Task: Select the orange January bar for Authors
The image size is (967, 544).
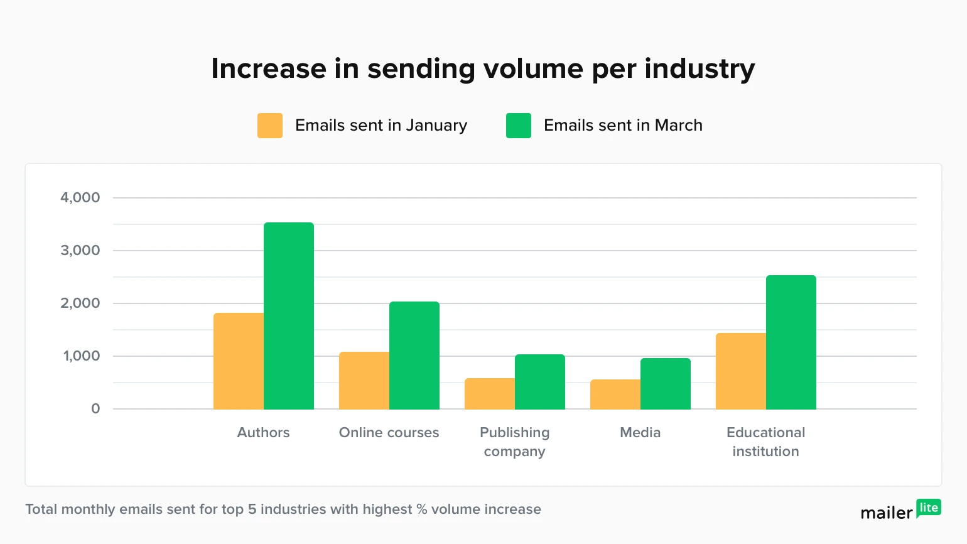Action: coord(239,361)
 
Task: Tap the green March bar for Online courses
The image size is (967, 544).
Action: coord(414,356)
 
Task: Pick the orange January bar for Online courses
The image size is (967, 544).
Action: coord(364,381)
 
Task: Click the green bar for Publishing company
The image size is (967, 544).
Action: coord(540,382)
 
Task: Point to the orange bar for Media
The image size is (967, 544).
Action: coord(615,394)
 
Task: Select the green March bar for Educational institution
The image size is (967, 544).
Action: coord(791,342)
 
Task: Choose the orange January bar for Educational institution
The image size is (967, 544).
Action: coord(741,371)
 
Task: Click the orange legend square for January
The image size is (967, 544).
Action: coord(270,126)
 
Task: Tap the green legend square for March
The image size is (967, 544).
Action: coord(519,126)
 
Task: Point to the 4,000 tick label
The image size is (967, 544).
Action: coord(80,198)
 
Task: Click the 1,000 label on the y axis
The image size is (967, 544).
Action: coord(82,356)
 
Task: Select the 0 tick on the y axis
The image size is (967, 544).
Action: coord(95,409)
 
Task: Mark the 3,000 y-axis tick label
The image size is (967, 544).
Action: coord(80,251)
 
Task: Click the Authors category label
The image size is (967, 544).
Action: coord(264,433)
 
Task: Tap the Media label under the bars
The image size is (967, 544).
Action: coord(640,433)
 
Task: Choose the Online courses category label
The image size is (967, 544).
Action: coord(389,433)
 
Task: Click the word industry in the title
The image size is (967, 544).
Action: coord(700,68)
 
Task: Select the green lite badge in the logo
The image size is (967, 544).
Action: coord(929,508)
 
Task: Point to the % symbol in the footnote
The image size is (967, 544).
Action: coord(422,509)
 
